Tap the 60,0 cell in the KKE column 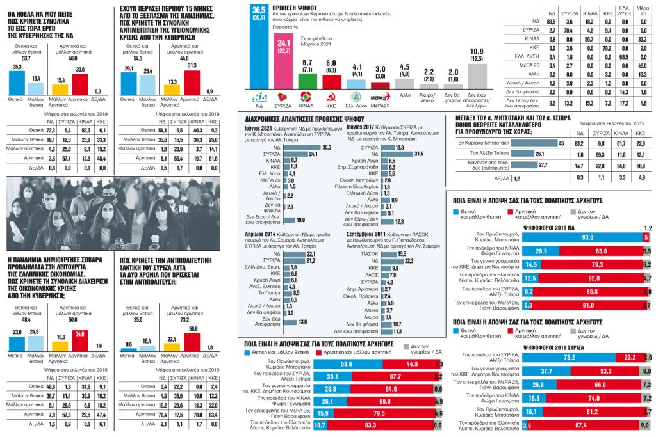[639, 165]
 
